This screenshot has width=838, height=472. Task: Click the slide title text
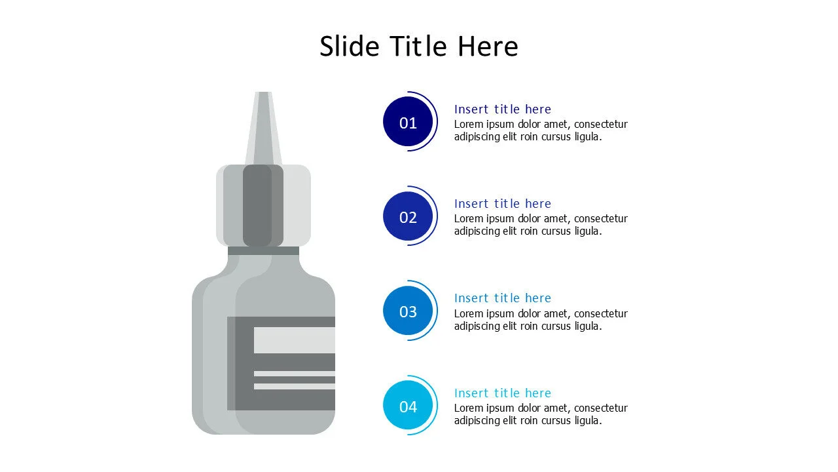(418, 47)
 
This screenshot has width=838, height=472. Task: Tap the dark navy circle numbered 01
(408, 122)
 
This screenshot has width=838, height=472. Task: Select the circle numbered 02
(408, 216)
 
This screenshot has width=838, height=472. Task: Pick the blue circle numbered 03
(408, 311)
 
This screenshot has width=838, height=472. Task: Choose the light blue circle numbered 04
(408, 406)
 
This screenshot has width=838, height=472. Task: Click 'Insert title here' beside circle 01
(502, 109)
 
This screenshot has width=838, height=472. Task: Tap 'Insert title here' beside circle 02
(502, 203)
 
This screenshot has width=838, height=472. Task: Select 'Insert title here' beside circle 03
(502, 298)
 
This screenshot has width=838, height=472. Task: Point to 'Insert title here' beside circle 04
(502, 393)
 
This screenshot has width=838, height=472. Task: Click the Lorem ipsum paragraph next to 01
(541, 130)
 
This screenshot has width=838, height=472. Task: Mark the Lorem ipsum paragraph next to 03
(541, 320)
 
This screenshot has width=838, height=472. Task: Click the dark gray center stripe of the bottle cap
(257, 205)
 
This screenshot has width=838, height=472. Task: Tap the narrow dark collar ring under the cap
(263, 250)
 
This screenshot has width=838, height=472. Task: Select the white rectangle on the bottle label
(294, 340)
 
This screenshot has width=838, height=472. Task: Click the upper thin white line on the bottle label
(294, 374)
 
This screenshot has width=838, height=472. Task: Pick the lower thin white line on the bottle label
(294, 386)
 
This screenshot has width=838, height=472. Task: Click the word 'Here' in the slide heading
(488, 47)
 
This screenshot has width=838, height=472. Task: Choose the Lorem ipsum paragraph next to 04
(541, 414)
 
